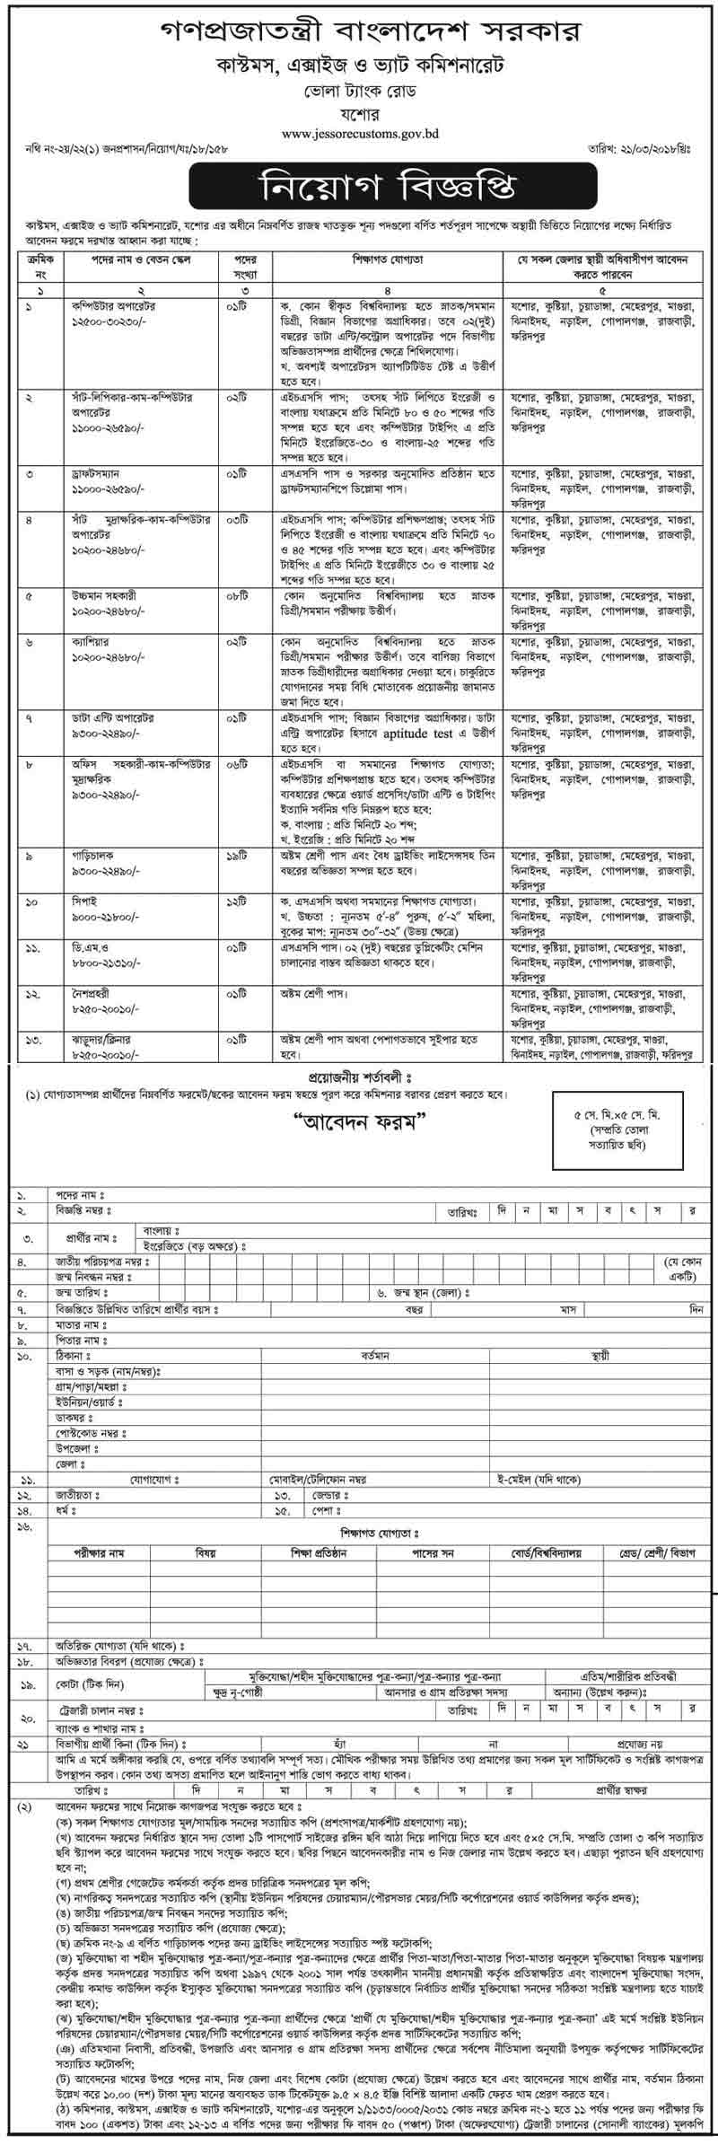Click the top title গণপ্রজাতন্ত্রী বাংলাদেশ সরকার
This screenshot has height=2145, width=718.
coord(359,32)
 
